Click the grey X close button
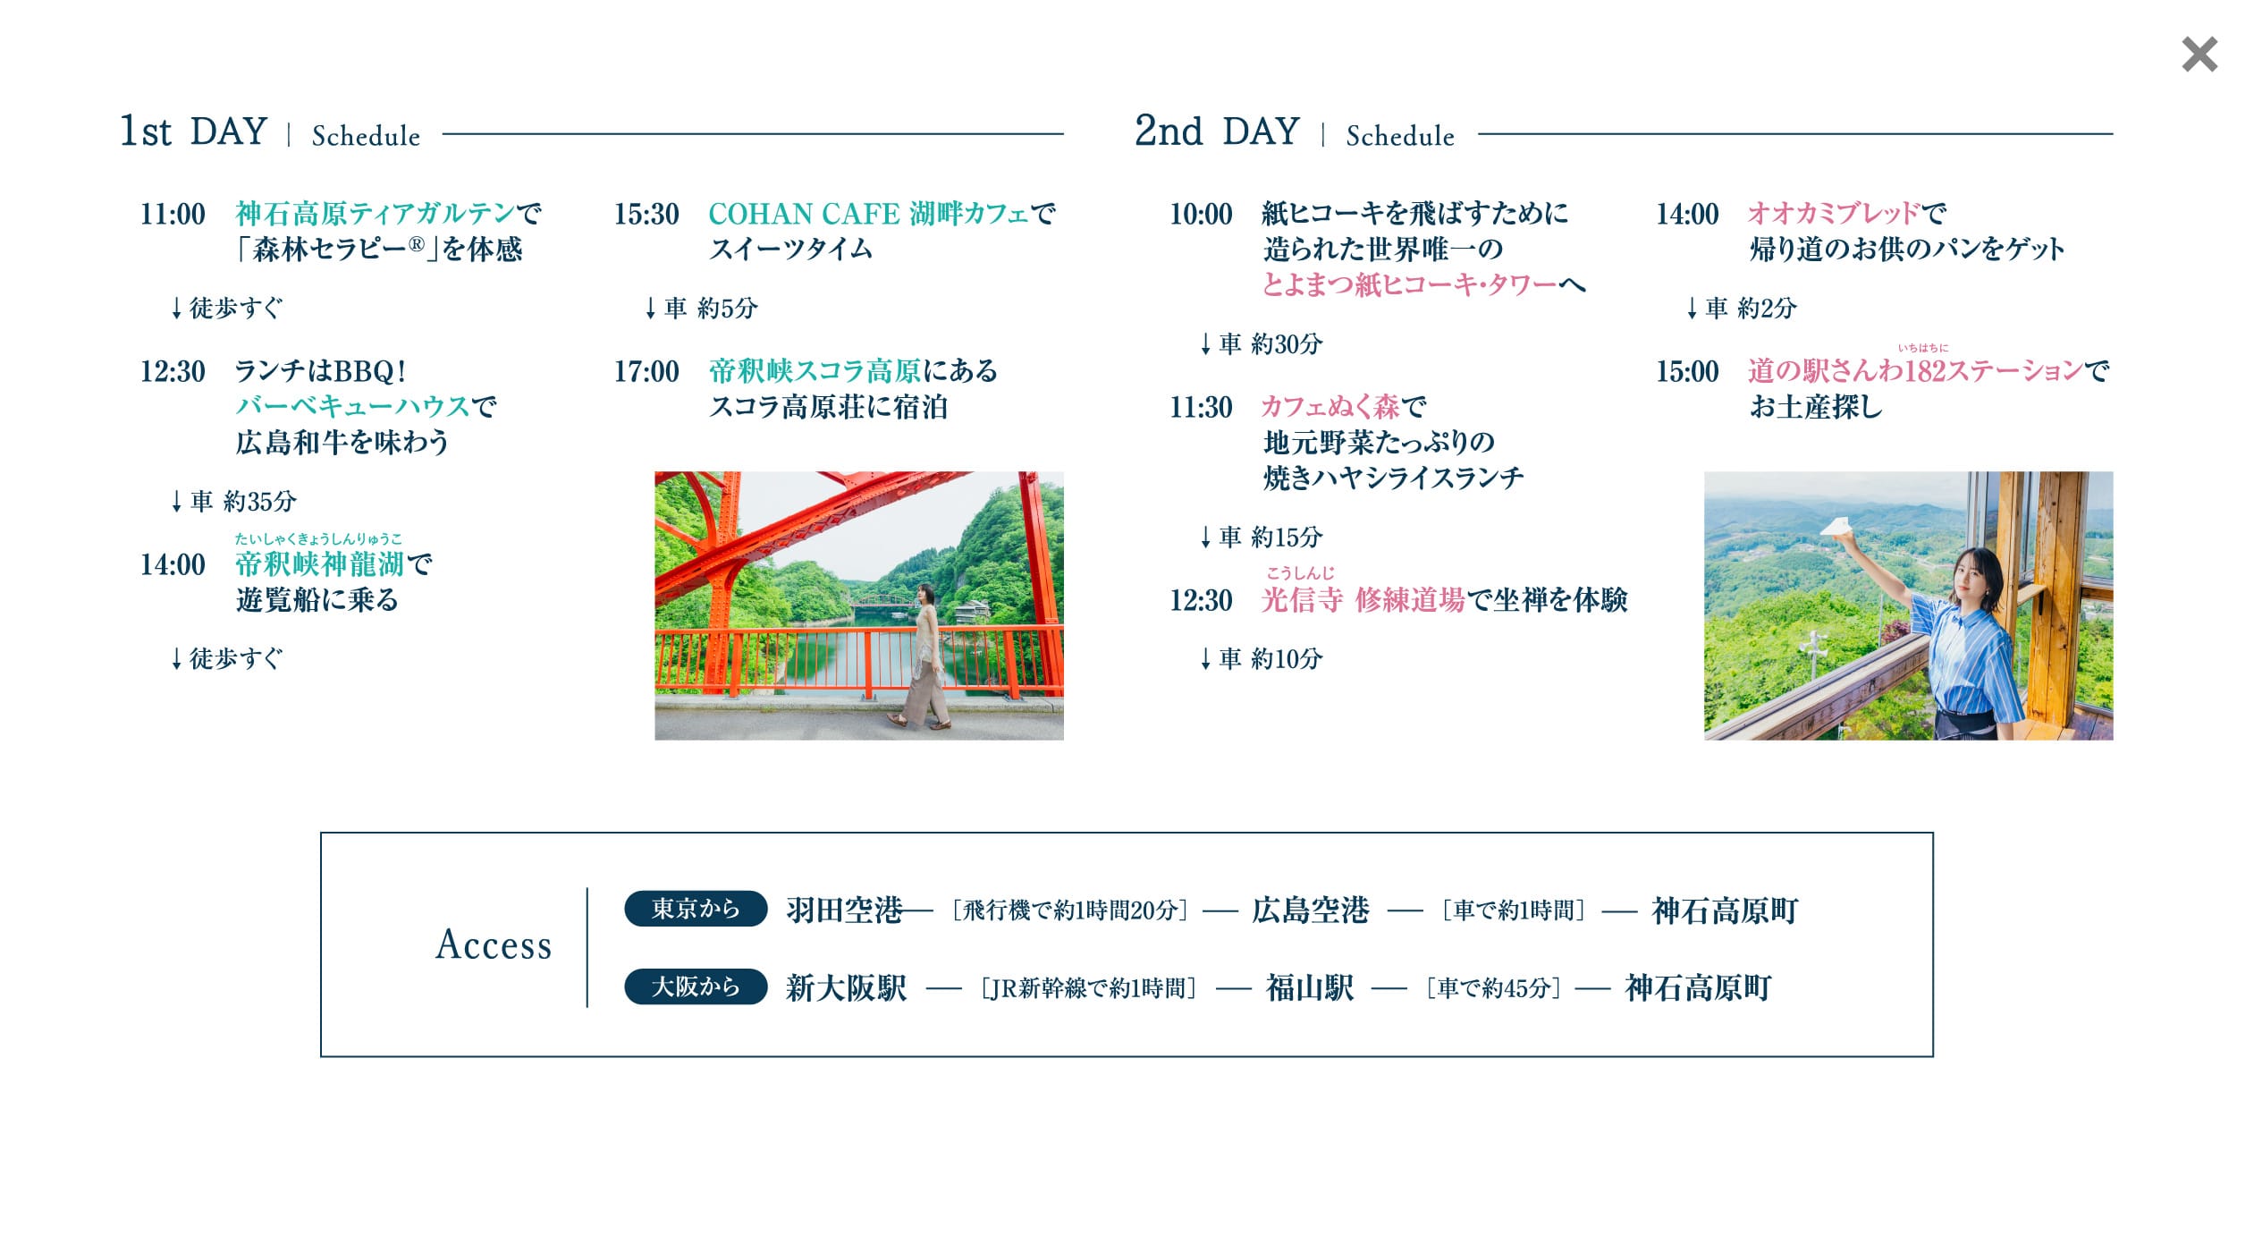(2199, 55)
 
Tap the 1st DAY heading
(194, 131)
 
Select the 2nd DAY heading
(1217, 131)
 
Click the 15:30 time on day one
(646, 214)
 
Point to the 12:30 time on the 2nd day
(1201, 600)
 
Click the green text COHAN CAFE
(804, 214)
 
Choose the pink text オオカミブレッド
(1834, 213)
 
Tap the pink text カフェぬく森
(1331, 407)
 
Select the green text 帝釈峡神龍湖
(320, 564)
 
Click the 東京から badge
(696, 909)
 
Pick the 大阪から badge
(696, 986)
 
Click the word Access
(494, 944)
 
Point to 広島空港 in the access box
(1311, 910)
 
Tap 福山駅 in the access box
(1310, 988)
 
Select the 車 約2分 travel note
(1742, 308)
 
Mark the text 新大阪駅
(846, 988)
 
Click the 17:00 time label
(646, 371)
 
